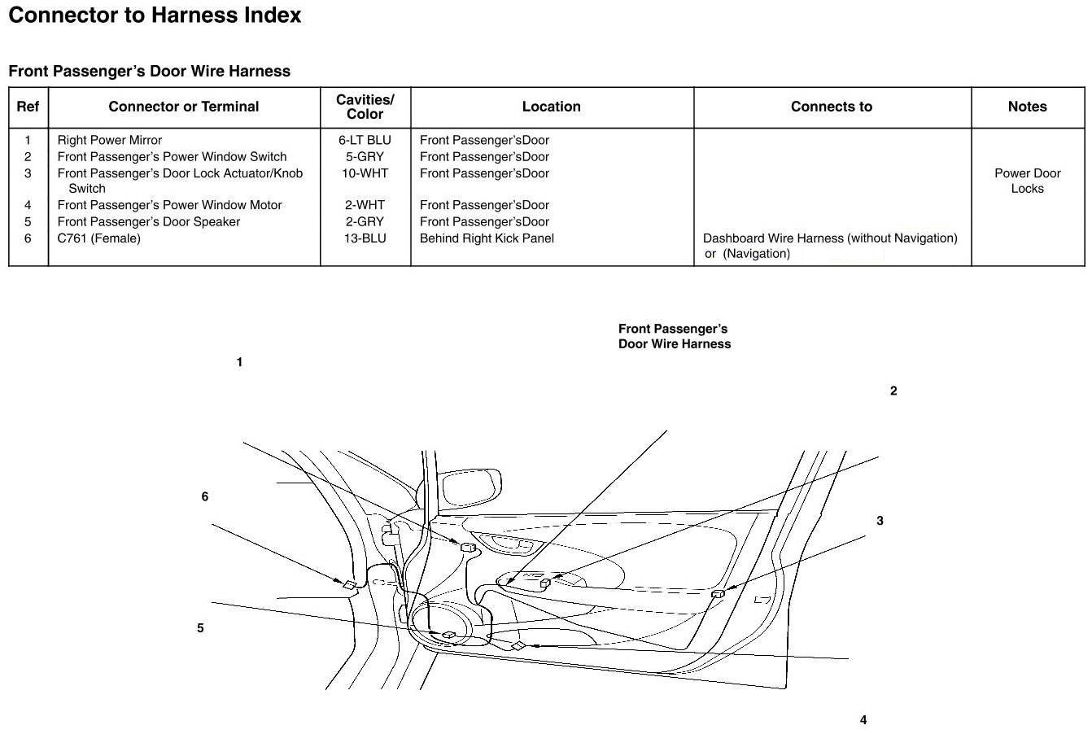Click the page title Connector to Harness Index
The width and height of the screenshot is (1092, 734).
[x=155, y=15]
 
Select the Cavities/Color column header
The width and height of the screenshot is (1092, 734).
[x=365, y=107]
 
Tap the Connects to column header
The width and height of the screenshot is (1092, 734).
[x=831, y=107]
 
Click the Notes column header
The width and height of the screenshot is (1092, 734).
[x=1027, y=107]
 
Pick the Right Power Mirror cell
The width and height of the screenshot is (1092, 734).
[x=110, y=140]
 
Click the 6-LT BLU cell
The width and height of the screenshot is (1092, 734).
[x=365, y=140]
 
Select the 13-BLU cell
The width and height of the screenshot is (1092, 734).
[x=365, y=238]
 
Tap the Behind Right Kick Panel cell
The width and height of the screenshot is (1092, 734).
[x=487, y=238]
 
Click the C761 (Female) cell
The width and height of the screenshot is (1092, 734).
[x=98, y=238]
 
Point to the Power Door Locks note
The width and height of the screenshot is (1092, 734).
[x=1027, y=181]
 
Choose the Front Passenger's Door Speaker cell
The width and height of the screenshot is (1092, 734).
[x=148, y=221]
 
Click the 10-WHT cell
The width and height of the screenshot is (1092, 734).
[x=365, y=173]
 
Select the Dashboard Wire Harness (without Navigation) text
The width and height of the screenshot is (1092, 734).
[x=830, y=238]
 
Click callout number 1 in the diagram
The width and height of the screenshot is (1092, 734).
[x=239, y=362]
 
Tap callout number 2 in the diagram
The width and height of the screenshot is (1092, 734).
[x=893, y=391]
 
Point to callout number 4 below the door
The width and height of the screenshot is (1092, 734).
[x=863, y=720]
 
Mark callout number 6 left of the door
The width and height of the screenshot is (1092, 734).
[x=205, y=496]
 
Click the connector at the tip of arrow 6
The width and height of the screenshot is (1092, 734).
[x=348, y=583]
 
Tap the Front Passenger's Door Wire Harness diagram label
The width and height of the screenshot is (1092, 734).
[x=674, y=336]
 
